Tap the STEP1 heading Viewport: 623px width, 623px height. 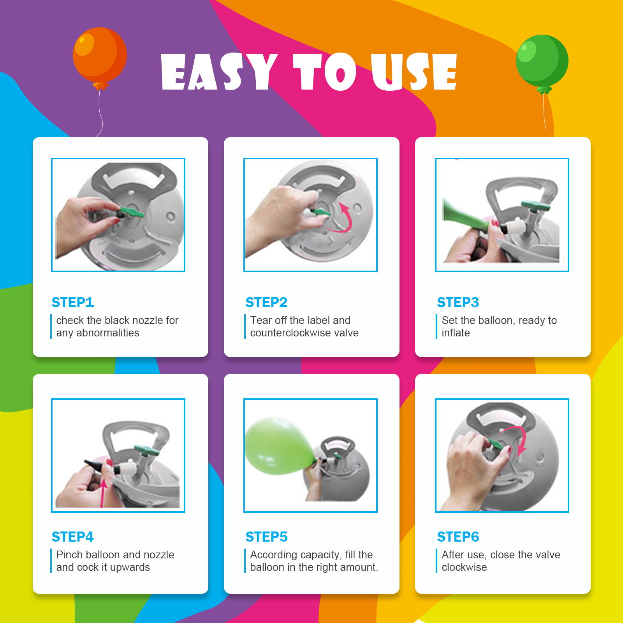tap(73, 302)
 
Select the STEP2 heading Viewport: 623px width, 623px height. tap(266, 302)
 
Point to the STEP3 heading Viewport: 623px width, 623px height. tap(458, 302)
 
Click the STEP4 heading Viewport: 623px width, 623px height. tap(73, 537)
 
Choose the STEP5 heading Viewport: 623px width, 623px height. tap(266, 537)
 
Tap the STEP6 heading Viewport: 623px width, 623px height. tap(458, 537)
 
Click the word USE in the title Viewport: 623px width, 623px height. tap(414, 72)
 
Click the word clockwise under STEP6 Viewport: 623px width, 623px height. tap(464, 567)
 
